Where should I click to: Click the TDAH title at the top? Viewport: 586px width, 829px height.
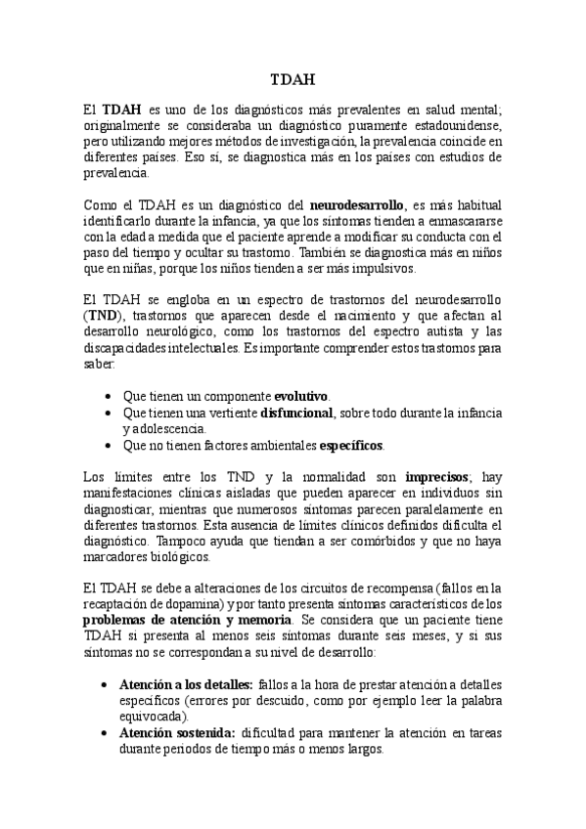point(292,81)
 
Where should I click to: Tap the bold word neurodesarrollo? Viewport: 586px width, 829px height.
point(356,206)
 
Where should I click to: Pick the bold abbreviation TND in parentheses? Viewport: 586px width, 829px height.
point(102,316)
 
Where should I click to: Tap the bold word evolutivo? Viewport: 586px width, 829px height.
point(300,396)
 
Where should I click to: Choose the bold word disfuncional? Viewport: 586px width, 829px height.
point(297,412)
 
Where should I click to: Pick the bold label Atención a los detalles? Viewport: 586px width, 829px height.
point(187,685)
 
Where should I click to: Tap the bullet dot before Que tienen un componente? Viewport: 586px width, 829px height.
point(106,396)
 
